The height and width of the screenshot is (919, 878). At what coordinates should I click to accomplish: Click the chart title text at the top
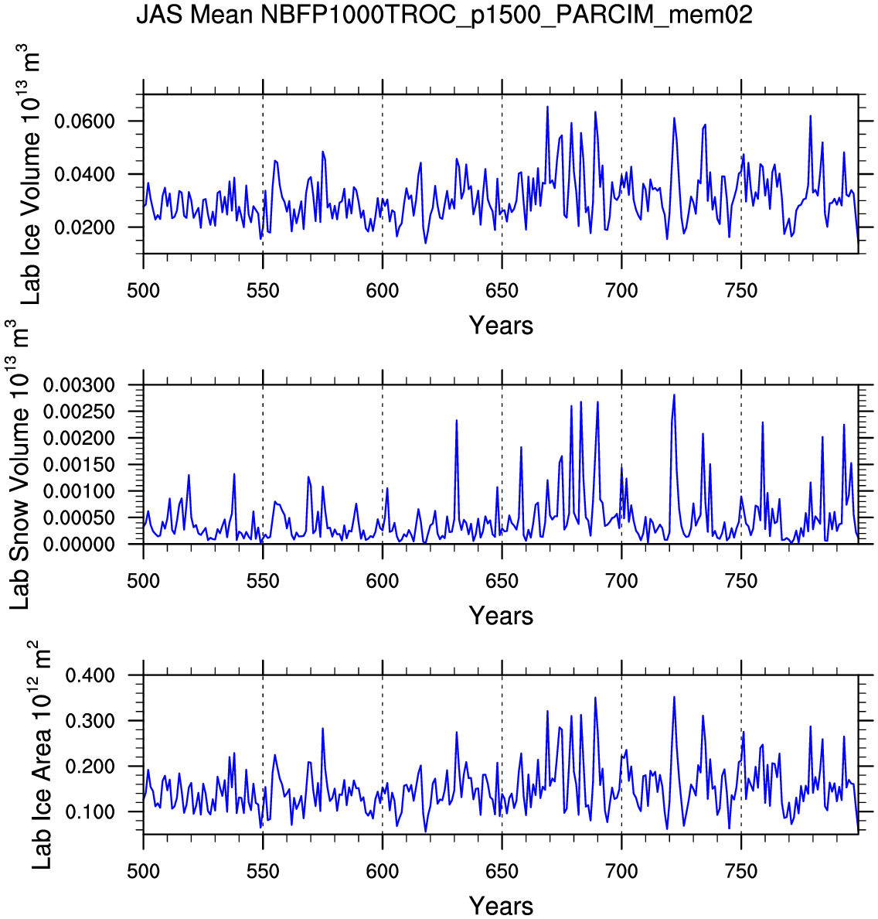click(x=444, y=15)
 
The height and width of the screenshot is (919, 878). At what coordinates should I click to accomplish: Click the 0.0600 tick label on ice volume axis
click(x=84, y=121)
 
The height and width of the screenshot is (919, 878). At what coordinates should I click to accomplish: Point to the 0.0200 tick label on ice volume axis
click(x=84, y=227)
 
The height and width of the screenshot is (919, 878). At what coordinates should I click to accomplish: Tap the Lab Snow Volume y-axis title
click(x=20, y=464)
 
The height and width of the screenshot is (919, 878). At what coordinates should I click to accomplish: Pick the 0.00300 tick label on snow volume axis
click(x=79, y=385)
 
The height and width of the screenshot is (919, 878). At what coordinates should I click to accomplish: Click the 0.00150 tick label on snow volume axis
click(x=79, y=465)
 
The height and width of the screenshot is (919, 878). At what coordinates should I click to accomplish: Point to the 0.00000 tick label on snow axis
click(x=79, y=545)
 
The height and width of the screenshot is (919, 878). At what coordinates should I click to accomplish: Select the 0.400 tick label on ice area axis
click(x=90, y=676)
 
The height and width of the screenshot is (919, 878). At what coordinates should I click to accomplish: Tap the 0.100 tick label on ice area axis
click(x=90, y=812)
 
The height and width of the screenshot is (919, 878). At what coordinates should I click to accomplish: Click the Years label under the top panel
click(x=501, y=326)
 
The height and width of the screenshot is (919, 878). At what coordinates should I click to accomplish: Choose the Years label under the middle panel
click(x=501, y=617)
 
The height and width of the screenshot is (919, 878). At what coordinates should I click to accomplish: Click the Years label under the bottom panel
click(x=501, y=906)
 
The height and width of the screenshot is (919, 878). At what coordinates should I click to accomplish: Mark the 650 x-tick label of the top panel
click(x=502, y=292)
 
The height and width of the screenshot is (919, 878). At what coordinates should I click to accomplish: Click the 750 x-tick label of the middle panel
click(x=741, y=582)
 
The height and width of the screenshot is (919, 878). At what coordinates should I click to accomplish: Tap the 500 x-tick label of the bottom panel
click(x=143, y=872)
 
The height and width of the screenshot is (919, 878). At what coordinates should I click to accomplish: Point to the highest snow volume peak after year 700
click(x=674, y=395)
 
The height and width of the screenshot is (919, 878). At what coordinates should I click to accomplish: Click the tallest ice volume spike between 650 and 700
click(x=547, y=107)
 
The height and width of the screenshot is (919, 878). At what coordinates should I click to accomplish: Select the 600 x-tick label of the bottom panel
click(x=382, y=872)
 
